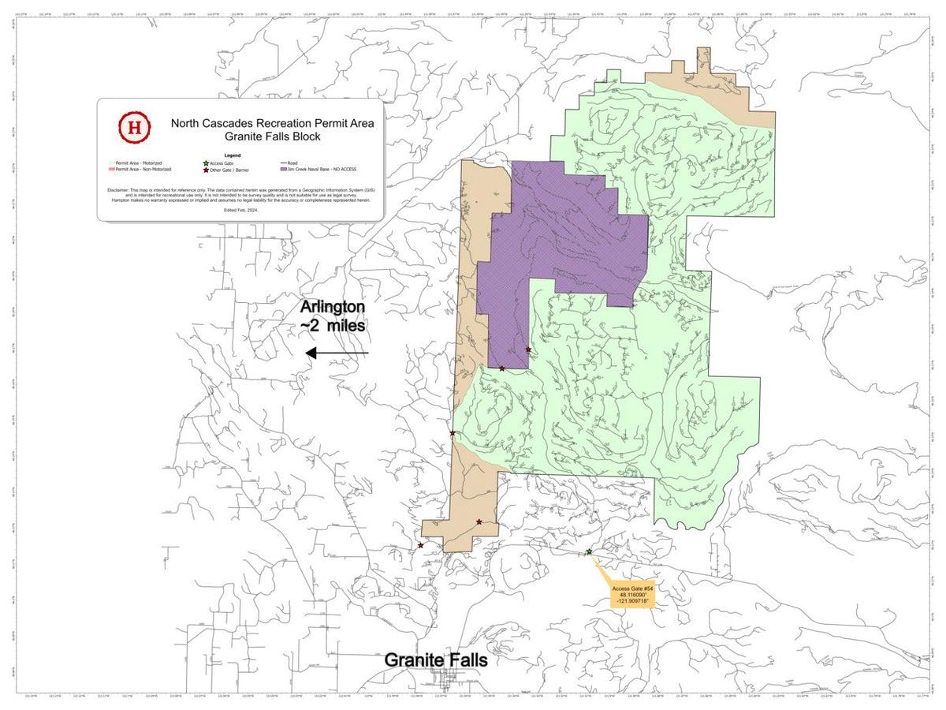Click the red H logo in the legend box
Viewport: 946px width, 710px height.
tap(134, 125)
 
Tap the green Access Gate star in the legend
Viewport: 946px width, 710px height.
tap(205, 163)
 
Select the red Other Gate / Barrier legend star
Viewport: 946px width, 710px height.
tap(205, 170)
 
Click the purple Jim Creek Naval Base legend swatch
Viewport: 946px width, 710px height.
tap(284, 170)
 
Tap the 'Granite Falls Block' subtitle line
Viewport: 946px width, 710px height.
tap(272, 136)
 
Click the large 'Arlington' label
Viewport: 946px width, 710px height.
tap(331, 306)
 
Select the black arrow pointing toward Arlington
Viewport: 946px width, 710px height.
tap(337, 353)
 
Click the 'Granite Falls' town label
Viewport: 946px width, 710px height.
tap(435, 660)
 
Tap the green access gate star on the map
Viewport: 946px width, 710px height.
tap(589, 552)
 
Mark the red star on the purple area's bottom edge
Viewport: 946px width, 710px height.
tap(501, 368)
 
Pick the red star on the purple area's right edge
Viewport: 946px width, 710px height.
tap(528, 349)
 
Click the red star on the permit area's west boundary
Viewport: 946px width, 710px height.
tap(453, 432)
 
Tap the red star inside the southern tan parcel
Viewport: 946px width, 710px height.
tap(479, 521)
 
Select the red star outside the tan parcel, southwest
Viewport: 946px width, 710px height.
tap(420, 545)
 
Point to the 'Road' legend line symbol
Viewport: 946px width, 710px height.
tap(283, 163)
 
